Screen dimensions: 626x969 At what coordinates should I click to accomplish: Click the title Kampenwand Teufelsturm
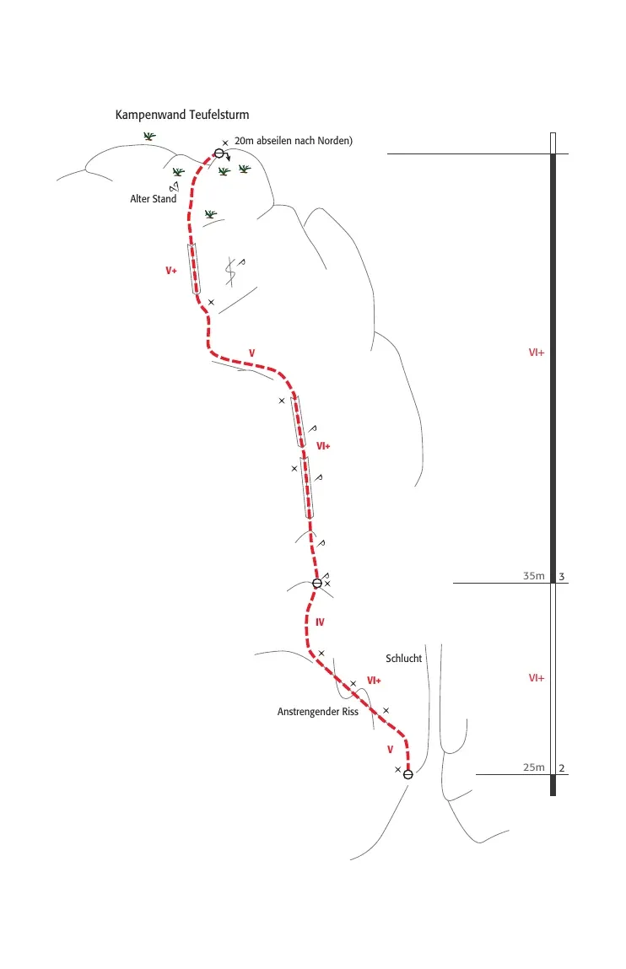182,115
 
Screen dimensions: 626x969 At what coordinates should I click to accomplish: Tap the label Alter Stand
154,199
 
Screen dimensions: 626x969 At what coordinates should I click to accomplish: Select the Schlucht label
403,659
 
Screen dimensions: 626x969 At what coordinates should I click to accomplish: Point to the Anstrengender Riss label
317,712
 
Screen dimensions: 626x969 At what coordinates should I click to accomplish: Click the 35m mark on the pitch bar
534,576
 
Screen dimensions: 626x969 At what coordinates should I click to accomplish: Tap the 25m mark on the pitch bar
534,767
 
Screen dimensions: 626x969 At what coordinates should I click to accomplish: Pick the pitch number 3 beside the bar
562,577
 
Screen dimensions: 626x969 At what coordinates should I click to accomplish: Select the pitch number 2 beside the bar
562,769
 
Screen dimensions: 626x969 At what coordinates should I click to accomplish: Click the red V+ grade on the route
171,271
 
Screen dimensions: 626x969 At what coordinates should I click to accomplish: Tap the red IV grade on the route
320,622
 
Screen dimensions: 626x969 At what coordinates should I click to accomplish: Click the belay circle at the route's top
219,153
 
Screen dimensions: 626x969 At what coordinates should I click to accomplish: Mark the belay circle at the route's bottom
407,774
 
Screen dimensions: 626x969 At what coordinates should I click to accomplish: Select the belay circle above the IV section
317,584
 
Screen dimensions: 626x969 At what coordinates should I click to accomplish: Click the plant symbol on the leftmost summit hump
149,136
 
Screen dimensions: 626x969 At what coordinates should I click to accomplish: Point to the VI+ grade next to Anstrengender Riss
374,681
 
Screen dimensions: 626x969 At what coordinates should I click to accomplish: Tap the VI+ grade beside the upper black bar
537,353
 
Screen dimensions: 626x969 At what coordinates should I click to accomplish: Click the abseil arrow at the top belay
227,156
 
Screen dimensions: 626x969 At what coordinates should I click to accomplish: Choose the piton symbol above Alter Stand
175,186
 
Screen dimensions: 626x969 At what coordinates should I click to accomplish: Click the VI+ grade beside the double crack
323,446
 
